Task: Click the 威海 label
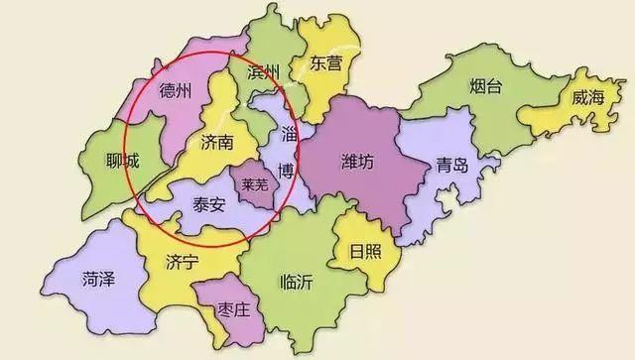coord(588,98)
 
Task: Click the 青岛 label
coord(451,167)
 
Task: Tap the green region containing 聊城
coord(109,183)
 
